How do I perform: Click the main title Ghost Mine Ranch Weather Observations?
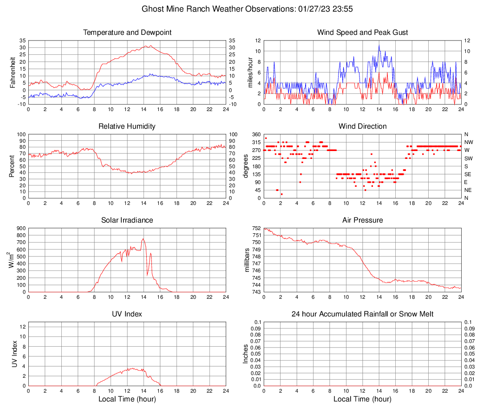click(238, 9)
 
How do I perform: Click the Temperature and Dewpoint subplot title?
click(127, 33)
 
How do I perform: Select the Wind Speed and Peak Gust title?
click(362, 33)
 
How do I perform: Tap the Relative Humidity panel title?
click(127, 126)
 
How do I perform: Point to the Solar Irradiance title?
click(127, 220)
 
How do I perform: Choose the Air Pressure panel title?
click(362, 220)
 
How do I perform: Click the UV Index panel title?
click(127, 314)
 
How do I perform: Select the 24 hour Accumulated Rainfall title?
click(362, 314)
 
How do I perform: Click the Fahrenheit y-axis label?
click(13, 72)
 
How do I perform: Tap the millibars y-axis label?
click(247, 260)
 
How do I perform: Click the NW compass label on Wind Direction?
click(469, 142)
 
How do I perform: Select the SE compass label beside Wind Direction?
click(469, 174)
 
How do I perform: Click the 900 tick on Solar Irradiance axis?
click(21, 228)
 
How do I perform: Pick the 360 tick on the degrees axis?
click(256, 134)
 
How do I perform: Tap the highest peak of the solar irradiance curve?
click(143, 239)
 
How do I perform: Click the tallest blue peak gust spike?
click(379, 46)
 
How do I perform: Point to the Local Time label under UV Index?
click(127, 399)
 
